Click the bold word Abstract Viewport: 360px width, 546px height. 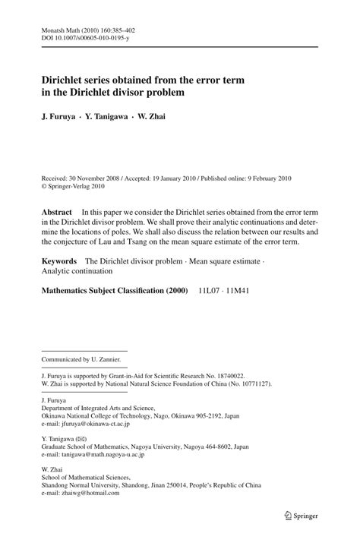tap(57, 212)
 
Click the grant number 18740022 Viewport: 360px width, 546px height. tap(227, 375)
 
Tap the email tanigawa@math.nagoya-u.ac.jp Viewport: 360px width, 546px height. tap(100, 456)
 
